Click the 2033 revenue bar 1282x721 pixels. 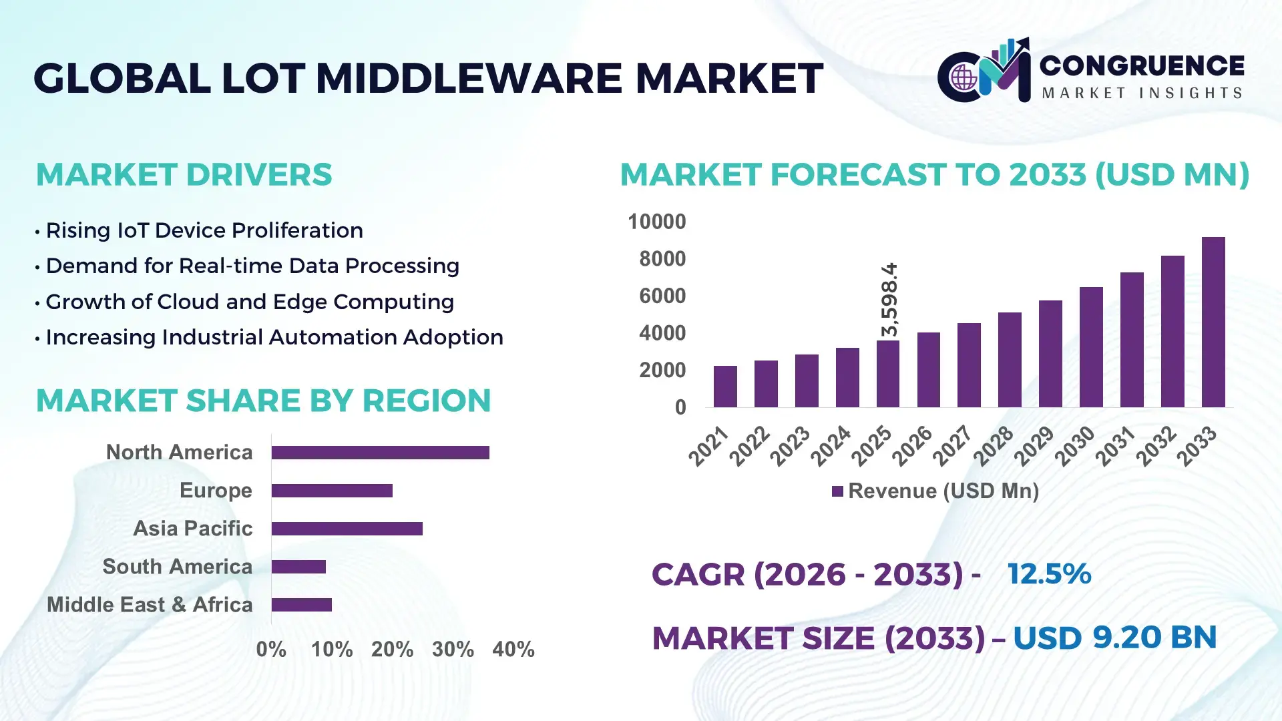pos(1213,322)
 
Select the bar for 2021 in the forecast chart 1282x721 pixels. pos(725,387)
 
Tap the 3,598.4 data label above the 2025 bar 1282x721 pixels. pos(889,300)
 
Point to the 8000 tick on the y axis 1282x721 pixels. pos(662,259)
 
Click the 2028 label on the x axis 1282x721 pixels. pos(994,446)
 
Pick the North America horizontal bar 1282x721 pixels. pos(380,453)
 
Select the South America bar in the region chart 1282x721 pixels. pos(298,567)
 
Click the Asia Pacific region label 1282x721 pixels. pos(192,529)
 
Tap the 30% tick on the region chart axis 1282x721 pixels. pos(453,650)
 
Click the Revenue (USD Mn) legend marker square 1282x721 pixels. pos(837,492)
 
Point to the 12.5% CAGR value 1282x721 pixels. pos(1049,574)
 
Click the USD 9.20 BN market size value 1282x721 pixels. pos(1114,638)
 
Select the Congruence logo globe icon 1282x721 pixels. pos(964,78)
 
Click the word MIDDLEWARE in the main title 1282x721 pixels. pos(469,78)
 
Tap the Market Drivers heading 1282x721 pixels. pos(184,175)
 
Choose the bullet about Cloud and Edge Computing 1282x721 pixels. pos(250,302)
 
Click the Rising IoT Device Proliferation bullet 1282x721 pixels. pos(204,230)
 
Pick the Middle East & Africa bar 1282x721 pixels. pos(302,605)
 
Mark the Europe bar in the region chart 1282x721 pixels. pos(332,491)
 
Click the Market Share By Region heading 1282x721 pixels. pos(263,401)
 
